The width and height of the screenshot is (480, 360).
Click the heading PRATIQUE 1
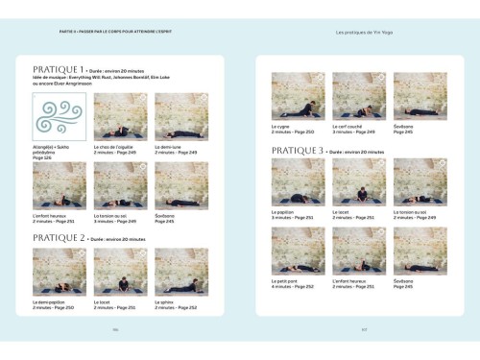(58, 70)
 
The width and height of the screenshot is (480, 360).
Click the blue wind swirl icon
(60, 117)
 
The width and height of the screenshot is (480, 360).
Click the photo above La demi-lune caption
(181, 117)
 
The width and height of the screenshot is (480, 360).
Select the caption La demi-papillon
(54, 302)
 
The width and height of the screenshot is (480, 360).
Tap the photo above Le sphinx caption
(181, 272)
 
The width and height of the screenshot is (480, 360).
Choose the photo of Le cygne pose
(299, 95)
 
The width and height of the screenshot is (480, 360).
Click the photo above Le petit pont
(299, 250)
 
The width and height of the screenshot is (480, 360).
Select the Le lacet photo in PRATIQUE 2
(120, 272)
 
